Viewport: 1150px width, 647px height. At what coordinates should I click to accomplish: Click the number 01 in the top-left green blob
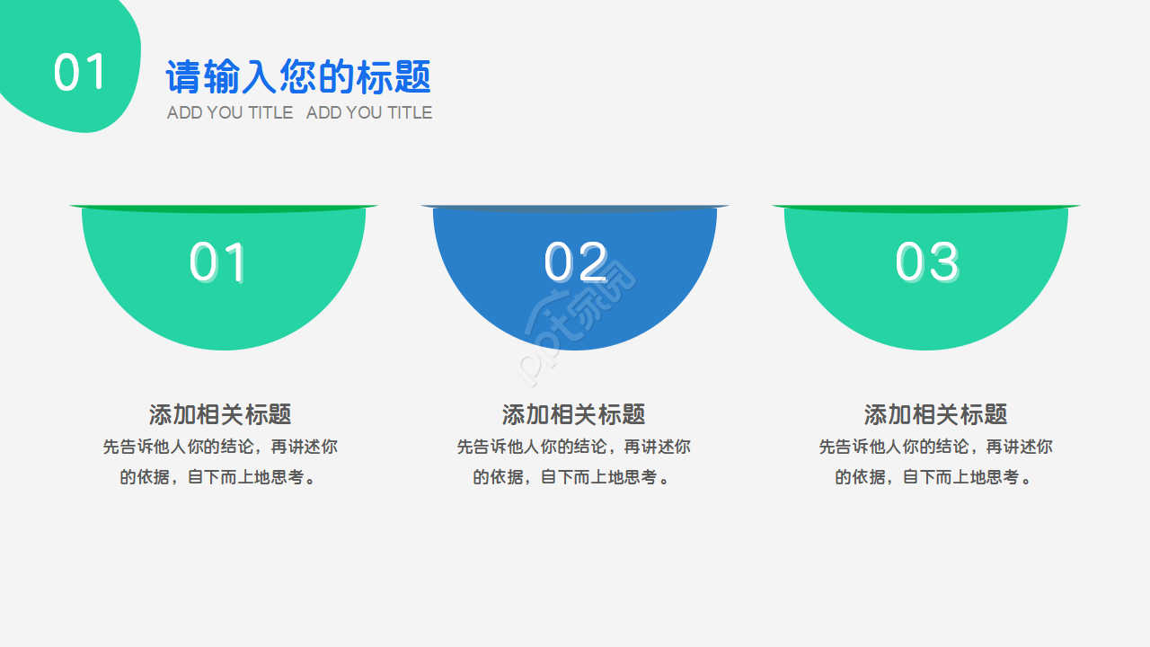(x=80, y=73)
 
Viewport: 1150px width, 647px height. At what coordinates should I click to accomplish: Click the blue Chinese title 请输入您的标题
(x=298, y=77)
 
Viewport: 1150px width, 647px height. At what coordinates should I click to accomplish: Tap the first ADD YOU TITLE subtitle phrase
(x=230, y=112)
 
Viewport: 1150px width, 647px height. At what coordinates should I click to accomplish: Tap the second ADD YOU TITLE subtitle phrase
(x=369, y=112)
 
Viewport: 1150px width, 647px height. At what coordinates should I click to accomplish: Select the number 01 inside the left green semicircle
(x=218, y=262)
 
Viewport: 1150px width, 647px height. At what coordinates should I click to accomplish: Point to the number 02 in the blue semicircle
(x=576, y=262)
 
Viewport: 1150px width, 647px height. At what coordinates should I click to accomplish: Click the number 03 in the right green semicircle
(x=926, y=262)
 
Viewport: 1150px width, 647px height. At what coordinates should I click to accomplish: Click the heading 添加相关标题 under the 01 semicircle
(x=220, y=414)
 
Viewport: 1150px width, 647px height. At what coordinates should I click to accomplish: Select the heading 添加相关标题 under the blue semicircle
(x=573, y=414)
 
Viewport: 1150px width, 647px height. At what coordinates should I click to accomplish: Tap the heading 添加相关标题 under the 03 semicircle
(x=935, y=414)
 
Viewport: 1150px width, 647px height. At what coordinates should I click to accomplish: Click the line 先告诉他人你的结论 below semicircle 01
(x=220, y=447)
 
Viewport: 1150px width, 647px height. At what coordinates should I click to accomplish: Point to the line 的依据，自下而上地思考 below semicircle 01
(x=220, y=477)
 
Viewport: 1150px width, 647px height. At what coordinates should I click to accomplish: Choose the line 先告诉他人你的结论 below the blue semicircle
(x=573, y=447)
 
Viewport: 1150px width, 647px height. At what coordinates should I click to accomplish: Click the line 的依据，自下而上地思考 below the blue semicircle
(x=573, y=477)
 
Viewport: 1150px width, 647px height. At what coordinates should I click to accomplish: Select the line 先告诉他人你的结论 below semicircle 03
(x=935, y=447)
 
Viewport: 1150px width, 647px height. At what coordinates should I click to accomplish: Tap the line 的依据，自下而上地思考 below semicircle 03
(x=935, y=477)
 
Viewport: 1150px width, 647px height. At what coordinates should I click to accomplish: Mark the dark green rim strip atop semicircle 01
(x=224, y=208)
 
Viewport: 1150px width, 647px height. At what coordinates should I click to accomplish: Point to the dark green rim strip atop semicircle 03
(x=926, y=208)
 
